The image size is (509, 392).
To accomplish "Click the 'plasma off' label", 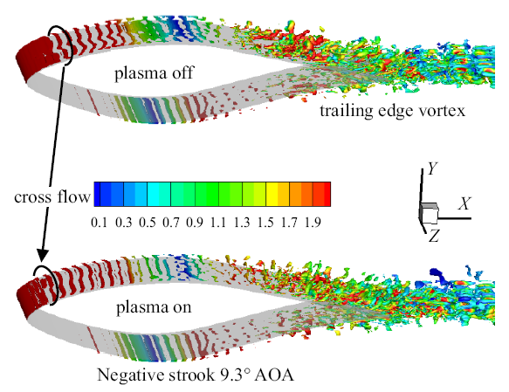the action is [154, 73].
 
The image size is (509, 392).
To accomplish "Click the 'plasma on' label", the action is [154, 307].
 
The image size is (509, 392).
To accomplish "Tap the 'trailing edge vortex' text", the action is [393, 111].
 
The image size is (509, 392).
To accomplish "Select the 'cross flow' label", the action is [52, 197].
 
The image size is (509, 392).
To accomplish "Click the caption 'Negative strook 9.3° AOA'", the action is [196, 375].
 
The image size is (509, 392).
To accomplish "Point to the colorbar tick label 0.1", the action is [99, 223].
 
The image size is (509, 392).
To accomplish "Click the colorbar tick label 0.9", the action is [195, 223].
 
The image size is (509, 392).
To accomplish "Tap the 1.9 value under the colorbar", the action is [313, 223].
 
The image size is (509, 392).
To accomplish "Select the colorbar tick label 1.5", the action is [266, 223].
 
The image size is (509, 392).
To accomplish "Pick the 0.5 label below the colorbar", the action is [147, 223].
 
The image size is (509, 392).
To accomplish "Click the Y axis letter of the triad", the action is [433, 168].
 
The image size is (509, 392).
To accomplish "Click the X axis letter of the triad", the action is [464, 203].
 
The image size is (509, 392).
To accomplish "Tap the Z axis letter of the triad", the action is [434, 236].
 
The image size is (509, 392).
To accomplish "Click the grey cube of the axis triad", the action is [430, 213].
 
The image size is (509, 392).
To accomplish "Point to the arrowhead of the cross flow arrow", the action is [42, 256].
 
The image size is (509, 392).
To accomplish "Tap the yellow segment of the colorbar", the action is [272, 194].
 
